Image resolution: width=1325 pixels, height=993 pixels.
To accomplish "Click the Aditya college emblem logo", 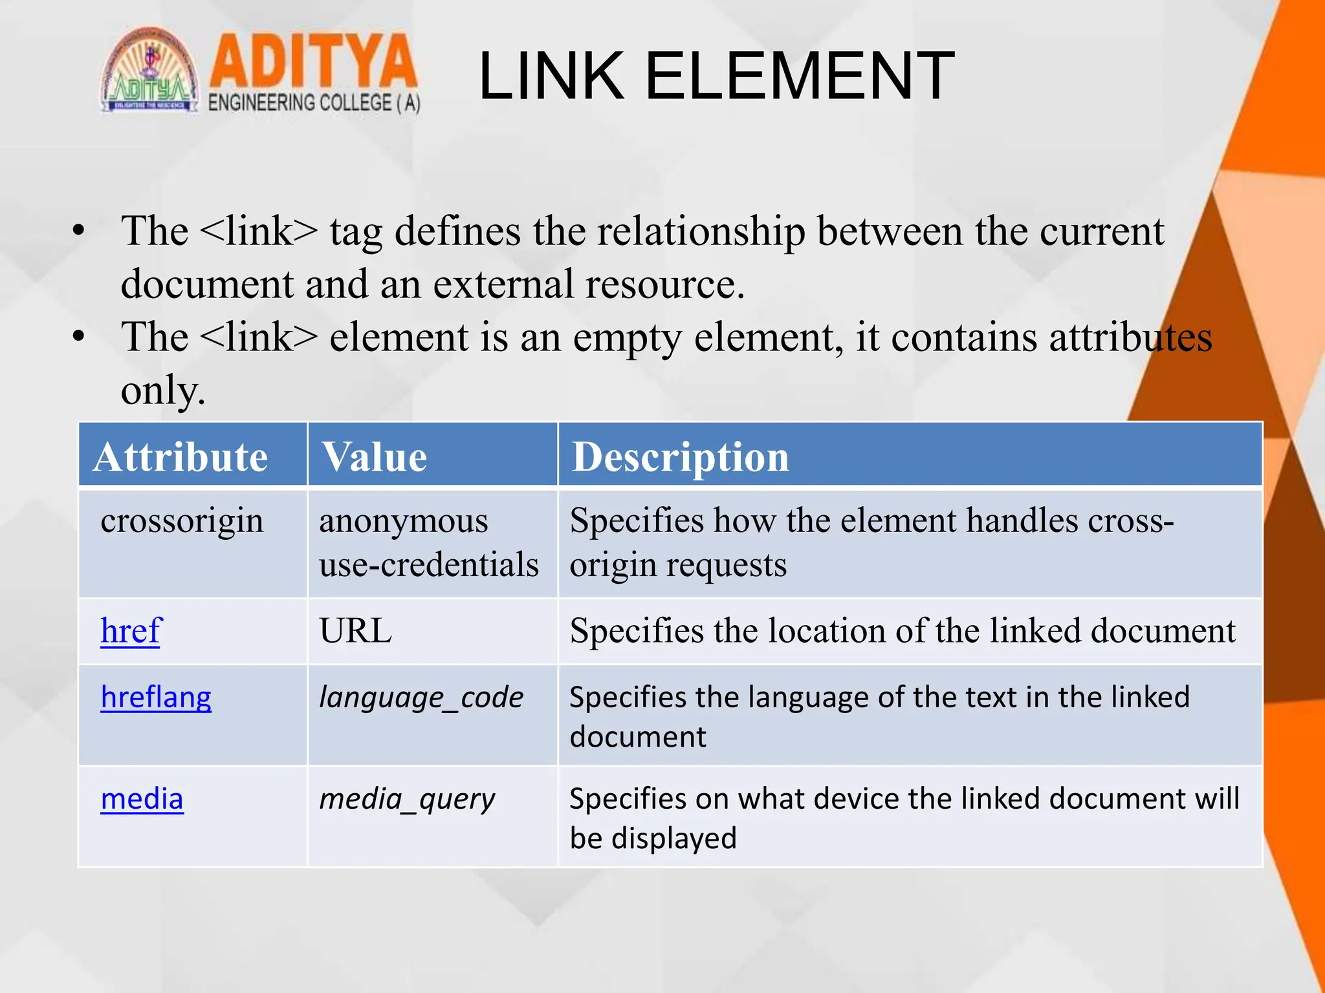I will coord(150,71).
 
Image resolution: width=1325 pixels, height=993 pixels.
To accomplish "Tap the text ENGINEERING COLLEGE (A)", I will coord(314,103).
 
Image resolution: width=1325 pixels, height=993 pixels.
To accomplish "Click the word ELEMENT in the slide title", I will coord(800,76).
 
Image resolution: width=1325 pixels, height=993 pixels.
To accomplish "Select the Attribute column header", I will coord(181,457).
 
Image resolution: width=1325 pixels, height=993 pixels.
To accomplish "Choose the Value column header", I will coord(375,457).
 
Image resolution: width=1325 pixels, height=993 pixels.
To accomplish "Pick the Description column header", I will coord(681,457).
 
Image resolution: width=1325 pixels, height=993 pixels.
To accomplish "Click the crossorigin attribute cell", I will coord(182,521).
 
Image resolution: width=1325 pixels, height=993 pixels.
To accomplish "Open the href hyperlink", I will coord(131,630).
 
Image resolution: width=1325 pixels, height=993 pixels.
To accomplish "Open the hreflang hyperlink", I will coord(156,698).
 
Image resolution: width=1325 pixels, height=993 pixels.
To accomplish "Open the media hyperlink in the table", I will coord(142,799).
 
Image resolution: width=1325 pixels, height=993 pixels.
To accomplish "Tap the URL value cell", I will coord(356,630).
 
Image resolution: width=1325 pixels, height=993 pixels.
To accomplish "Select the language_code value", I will coord(421,698).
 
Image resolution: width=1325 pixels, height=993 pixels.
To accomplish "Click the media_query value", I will coord(407,800).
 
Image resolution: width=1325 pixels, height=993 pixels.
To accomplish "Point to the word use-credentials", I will coord(429,564).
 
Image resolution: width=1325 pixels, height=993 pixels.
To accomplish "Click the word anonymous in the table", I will coord(404,521).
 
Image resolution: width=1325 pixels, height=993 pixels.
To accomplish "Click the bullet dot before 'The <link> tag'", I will coord(79,231).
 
